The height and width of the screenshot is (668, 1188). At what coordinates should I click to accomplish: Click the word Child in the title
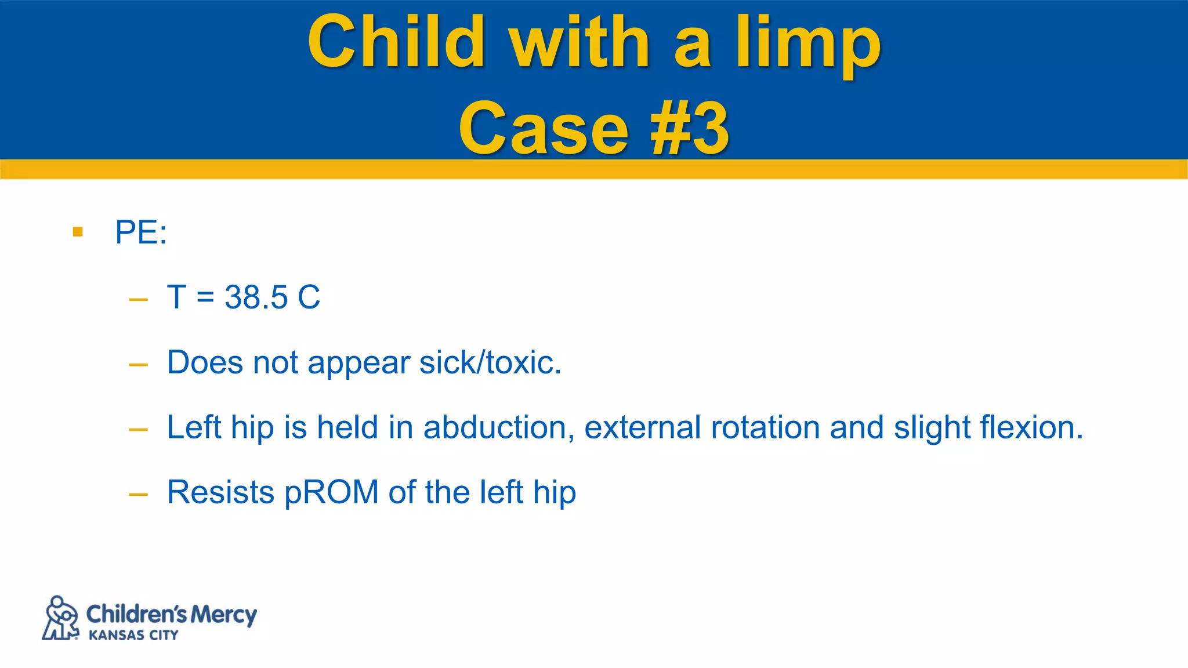(396, 42)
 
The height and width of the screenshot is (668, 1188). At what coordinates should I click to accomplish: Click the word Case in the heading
(544, 129)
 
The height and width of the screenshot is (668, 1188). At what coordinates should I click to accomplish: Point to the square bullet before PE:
(78, 233)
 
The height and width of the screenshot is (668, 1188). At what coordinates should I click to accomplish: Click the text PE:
(141, 233)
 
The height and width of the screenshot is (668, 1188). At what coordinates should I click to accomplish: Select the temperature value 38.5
(256, 297)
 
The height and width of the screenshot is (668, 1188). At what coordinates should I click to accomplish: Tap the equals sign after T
(205, 298)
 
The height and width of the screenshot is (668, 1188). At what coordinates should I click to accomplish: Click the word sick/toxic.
(490, 363)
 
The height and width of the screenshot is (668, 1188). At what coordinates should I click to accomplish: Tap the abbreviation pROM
(331, 493)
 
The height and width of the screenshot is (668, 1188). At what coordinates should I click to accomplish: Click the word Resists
(220, 493)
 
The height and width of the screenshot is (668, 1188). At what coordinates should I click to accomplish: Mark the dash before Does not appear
(138, 365)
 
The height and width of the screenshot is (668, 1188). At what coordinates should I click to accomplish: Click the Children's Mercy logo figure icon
(60, 618)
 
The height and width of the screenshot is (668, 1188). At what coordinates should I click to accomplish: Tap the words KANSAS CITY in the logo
(133, 636)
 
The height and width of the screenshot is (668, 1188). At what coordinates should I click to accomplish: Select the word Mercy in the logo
(223, 615)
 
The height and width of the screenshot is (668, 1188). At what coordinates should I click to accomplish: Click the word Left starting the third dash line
(194, 428)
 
